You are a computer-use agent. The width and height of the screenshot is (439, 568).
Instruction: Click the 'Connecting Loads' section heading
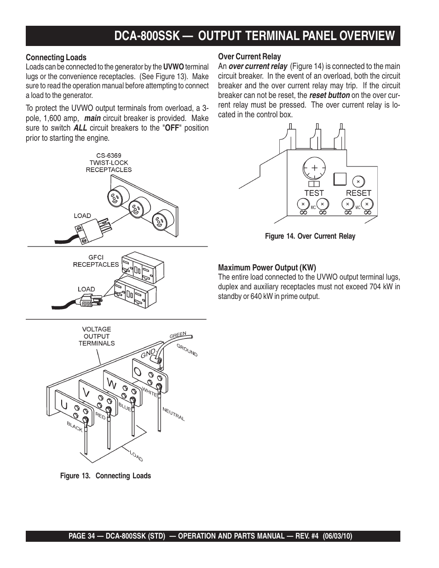point(56,57)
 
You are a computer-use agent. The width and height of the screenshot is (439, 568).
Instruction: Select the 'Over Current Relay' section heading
point(249,57)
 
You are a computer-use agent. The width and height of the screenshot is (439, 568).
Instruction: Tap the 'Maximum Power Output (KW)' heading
point(267,268)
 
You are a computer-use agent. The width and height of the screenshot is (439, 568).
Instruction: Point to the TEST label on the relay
point(314,193)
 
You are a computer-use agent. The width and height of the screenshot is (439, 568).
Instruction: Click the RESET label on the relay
point(358,193)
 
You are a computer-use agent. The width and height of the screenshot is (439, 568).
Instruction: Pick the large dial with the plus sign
point(314,169)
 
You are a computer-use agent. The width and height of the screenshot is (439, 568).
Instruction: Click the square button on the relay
point(339,178)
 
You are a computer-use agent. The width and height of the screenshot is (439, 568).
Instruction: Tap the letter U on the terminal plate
point(64,404)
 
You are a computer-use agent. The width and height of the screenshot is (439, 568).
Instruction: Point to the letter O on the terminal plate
point(137,371)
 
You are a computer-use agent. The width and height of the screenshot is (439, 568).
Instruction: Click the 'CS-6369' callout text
point(109,156)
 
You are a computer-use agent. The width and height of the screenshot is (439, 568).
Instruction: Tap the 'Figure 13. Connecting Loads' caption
point(105,476)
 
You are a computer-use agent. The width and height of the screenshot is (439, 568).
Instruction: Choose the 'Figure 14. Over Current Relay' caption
point(310,236)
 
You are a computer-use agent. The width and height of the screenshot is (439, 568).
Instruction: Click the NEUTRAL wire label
point(174,414)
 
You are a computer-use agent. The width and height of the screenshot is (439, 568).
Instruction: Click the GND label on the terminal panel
point(149,353)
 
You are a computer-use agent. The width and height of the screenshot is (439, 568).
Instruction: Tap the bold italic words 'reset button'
point(329,95)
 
